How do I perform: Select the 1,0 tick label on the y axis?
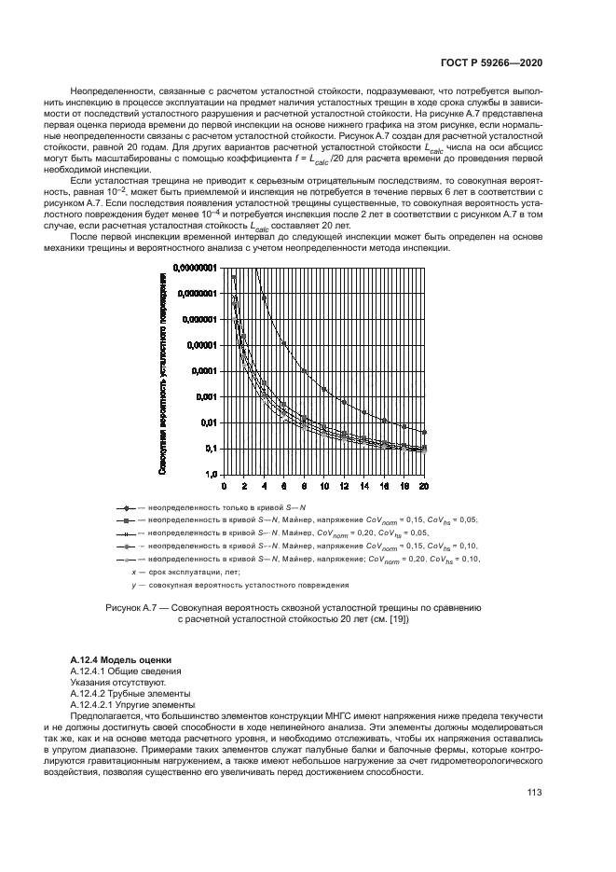[210, 475]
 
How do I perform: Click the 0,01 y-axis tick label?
[208, 422]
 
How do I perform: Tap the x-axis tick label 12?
[344, 486]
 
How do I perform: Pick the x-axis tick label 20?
[424, 486]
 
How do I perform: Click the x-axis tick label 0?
[224, 486]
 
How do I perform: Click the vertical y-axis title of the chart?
[163, 373]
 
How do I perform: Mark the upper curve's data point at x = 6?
[284, 343]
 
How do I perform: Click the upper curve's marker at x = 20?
[425, 432]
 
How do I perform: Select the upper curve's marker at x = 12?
[344, 402]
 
